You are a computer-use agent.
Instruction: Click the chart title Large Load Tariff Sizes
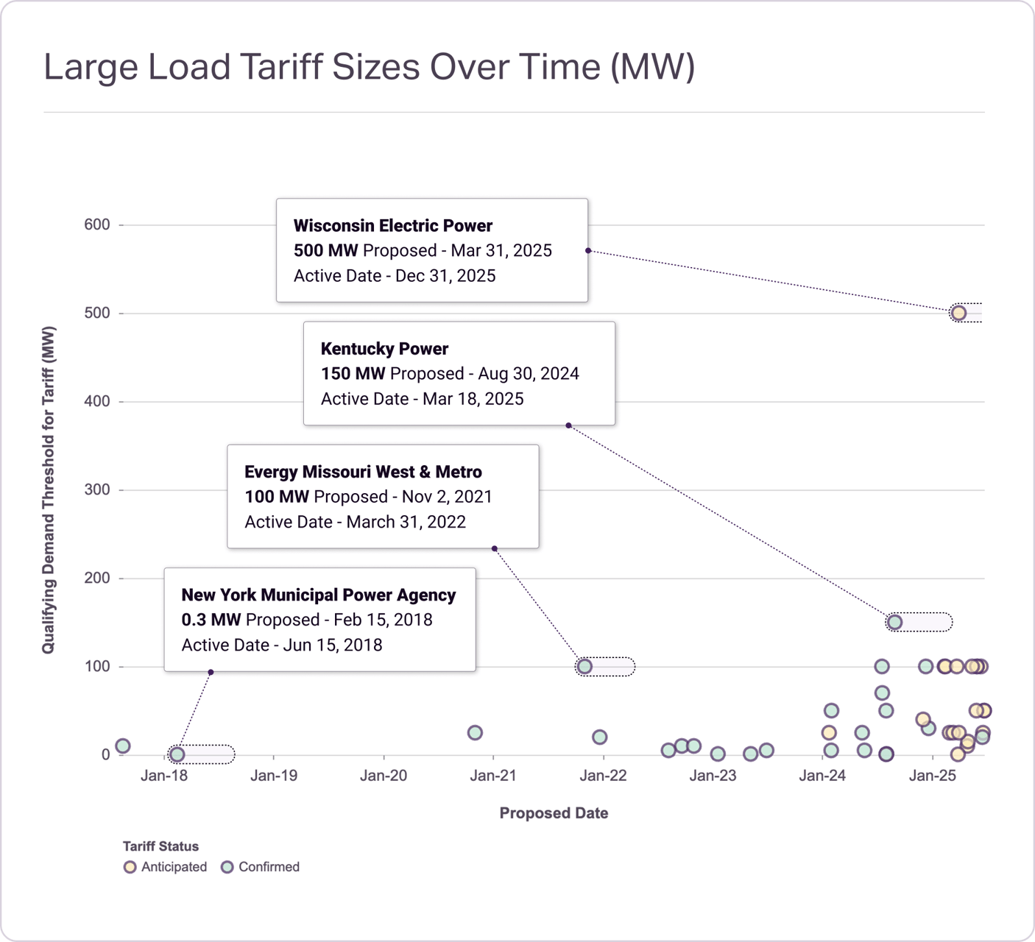[x=369, y=66]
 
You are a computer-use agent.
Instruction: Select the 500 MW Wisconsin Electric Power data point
[x=958, y=313]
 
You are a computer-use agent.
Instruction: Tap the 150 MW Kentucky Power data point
[x=894, y=622]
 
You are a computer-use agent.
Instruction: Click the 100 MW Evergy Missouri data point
[x=584, y=666]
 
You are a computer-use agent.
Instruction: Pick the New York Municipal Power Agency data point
[x=177, y=754]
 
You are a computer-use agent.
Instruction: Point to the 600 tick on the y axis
[x=97, y=224]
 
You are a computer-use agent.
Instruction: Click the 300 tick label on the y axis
[x=97, y=489]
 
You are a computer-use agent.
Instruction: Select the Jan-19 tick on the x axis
[x=274, y=775]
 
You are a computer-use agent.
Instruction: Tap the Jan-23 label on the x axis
[x=713, y=775]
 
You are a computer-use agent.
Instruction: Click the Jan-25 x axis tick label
[x=932, y=775]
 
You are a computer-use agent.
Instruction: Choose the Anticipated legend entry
[x=166, y=867]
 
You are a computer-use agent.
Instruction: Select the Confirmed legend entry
[x=261, y=867]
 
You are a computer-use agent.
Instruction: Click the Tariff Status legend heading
[x=160, y=846]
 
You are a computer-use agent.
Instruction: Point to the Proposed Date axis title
[x=554, y=813]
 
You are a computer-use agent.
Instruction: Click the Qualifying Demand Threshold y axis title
[x=49, y=489]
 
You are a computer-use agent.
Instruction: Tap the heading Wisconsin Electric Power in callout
[x=393, y=226]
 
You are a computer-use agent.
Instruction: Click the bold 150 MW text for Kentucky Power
[x=353, y=374]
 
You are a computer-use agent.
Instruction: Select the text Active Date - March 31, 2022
[x=355, y=522]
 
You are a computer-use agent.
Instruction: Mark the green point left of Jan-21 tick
[x=475, y=732]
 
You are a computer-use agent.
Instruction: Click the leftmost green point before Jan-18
[x=123, y=746]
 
